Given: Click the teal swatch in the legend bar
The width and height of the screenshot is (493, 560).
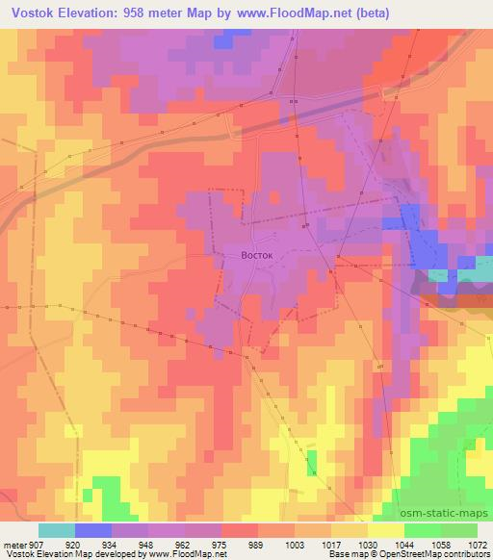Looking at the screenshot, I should point(57,530).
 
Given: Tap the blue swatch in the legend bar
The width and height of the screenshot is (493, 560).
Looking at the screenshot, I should point(93,530).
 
